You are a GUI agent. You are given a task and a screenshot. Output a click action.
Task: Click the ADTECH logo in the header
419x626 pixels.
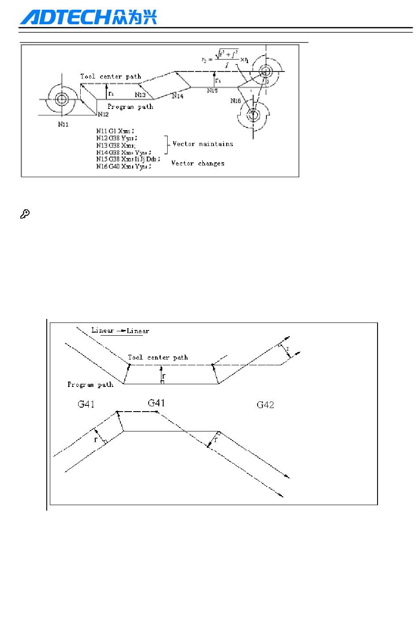click(88, 18)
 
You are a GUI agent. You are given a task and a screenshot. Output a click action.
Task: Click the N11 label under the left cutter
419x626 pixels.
click(63, 124)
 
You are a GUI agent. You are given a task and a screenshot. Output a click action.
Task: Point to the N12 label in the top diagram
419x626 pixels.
click(103, 115)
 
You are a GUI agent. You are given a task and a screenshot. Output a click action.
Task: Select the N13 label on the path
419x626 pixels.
click(140, 94)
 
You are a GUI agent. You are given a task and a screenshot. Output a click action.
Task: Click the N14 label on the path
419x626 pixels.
click(178, 96)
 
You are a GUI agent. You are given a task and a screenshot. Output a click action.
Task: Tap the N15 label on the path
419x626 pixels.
click(213, 90)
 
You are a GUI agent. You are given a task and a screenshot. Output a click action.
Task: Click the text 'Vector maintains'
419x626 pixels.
click(203, 144)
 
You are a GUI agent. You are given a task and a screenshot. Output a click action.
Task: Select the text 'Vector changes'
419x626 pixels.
click(198, 163)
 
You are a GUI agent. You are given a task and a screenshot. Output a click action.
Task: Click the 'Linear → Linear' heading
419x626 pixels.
click(120, 330)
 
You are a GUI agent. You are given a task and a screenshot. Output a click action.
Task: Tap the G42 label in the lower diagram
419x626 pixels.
click(265, 405)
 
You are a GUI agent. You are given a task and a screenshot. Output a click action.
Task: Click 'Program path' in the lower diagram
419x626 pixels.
click(90, 385)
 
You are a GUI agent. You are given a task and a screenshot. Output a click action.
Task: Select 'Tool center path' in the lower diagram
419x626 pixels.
click(158, 357)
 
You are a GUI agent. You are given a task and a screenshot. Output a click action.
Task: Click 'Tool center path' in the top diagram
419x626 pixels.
click(111, 76)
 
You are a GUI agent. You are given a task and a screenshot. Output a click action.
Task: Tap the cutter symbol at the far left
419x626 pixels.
click(60, 99)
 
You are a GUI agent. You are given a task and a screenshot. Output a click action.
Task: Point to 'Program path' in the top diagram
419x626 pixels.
click(130, 107)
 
